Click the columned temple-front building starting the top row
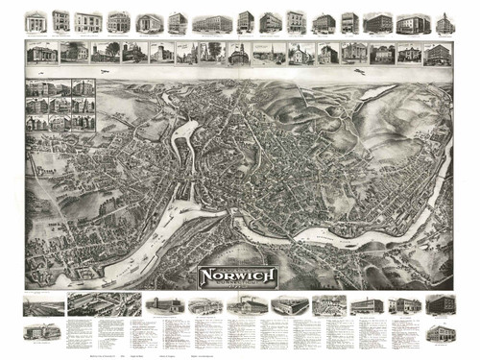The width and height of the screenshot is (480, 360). point(36,21)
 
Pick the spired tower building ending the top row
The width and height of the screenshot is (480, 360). point(444,22)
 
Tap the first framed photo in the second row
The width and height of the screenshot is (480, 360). point(42,54)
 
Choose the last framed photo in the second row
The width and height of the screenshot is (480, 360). point(438,54)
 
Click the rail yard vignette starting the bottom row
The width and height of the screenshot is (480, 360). point(44,306)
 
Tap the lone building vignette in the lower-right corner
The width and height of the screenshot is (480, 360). point(440,332)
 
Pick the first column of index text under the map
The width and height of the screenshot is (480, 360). point(84,331)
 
